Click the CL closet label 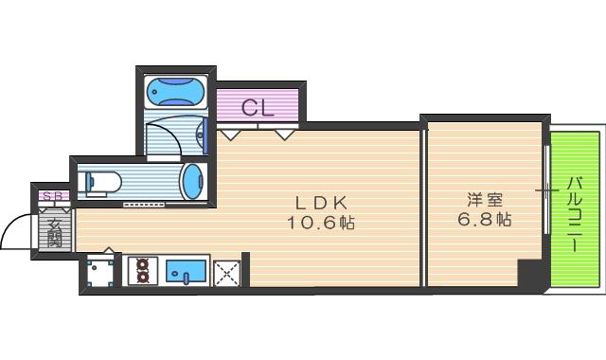[258, 108]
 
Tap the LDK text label [321, 202]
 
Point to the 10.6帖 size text [321, 223]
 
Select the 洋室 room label [485, 200]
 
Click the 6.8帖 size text [485, 219]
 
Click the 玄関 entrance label [55, 233]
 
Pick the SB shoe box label [53, 196]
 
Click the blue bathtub [176, 92]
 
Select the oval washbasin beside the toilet [192, 181]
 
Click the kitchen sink [186, 272]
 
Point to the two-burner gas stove [143, 271]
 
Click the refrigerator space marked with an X [227, 274]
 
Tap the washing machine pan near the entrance [100, 273]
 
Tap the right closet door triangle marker [285, 135]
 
